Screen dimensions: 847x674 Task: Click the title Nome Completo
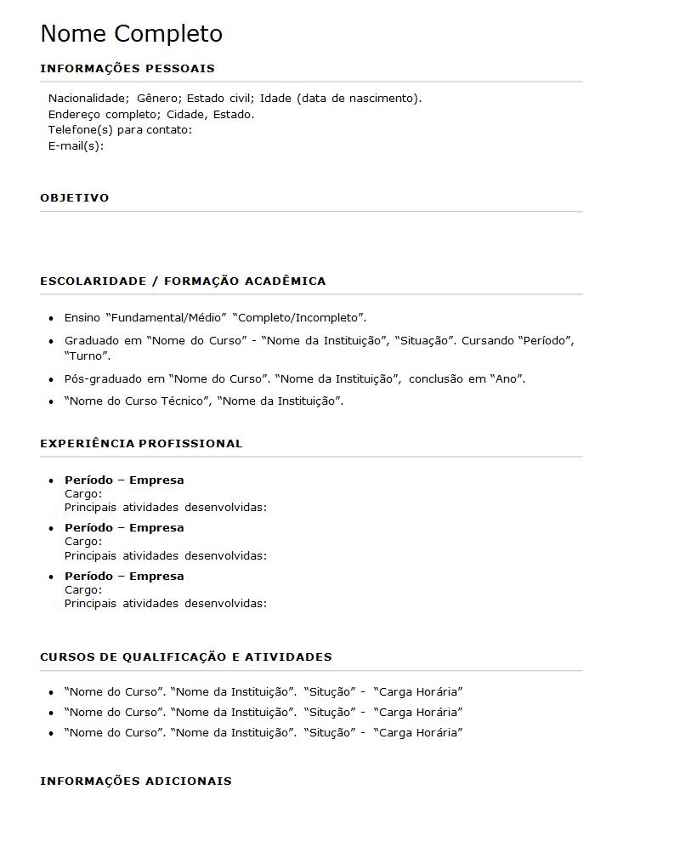pos(131,34)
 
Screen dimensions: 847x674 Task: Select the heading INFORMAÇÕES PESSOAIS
pos(127,68)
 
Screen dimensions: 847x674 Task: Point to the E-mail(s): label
pos(76,145)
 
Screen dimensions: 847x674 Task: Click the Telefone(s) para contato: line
pos(120,130)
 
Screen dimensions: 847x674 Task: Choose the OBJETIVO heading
pos(75,197)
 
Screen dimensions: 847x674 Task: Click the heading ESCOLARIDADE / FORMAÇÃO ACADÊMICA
pos(183,281)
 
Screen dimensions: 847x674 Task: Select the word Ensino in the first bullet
pos(82,318)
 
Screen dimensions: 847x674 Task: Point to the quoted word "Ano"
pos(507,379)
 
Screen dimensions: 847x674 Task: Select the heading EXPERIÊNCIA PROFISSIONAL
pos(141,443)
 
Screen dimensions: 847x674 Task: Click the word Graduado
pos(92,341)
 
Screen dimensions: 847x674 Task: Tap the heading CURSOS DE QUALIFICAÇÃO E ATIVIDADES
pos(186,657)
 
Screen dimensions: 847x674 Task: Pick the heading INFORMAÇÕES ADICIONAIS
pos(136,781)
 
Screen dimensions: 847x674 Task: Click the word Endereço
pos(76,114)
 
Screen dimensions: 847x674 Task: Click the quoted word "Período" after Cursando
pos(546,341)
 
